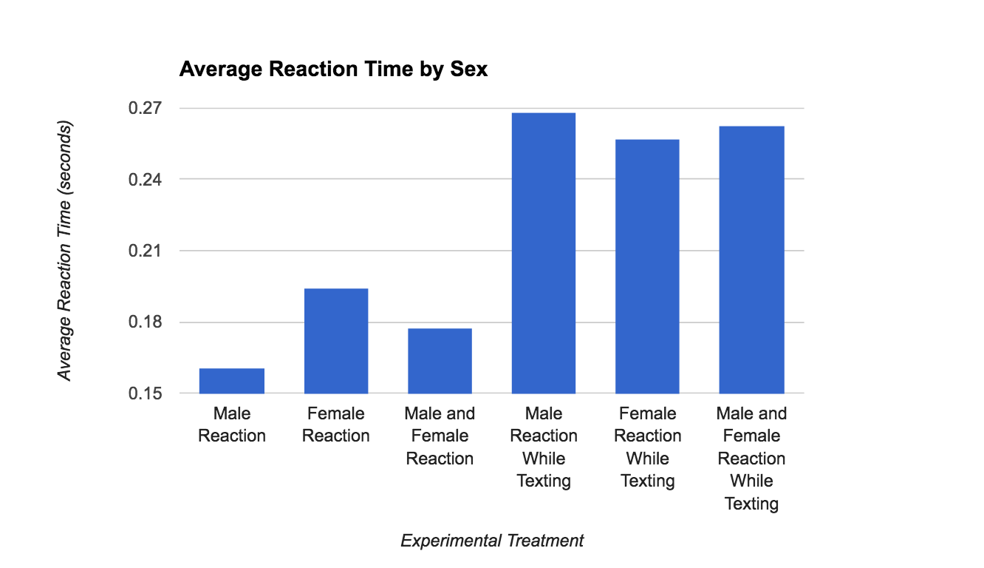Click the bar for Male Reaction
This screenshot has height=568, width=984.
[232, 381]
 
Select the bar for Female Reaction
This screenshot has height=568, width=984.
[336, 341]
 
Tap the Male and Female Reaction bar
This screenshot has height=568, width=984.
[440, 361]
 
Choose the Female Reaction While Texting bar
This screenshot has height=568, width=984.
[647, 266]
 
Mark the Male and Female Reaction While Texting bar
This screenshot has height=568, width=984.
[751, 260]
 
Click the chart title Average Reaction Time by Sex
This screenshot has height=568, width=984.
[333, 70]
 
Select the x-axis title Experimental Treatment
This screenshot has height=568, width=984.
[492, 541]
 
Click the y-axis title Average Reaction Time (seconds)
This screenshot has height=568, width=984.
[66, 251]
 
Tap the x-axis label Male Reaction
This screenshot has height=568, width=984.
[232, 425]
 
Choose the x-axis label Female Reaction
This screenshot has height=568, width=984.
[336, 425]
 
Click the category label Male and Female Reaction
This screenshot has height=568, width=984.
[440, 436]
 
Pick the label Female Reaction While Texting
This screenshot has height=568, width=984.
[647, 447]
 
